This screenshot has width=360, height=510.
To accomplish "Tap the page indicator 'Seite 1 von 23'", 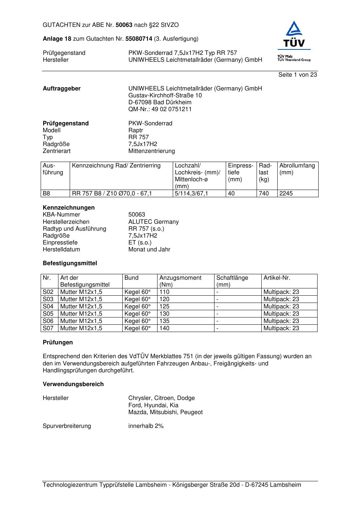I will click(x=298, y=74).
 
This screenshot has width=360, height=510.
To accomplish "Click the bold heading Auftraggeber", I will click(x=62, y=89).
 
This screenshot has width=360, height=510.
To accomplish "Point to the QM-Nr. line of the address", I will click(x=160, y=109).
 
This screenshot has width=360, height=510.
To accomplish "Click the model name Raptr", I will click(x=136, y=130).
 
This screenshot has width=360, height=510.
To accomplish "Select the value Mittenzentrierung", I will click(x=151, y=151).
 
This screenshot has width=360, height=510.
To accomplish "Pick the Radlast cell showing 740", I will click(x=264, y=193).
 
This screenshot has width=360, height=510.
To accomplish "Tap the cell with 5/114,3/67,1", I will click(x=191, y=193).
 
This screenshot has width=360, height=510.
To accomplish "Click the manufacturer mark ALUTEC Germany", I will click(x=154, y=222).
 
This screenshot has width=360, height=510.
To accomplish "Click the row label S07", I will click(x=48, y=328).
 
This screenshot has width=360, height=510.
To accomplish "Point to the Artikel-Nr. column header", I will click(x=277, y=278).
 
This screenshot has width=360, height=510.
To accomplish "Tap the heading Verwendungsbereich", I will click(x=73, y=384).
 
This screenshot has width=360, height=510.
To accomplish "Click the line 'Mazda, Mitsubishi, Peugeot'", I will click(x=165, y=412).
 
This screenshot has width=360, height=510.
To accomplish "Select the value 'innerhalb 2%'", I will click(x=146, y=426).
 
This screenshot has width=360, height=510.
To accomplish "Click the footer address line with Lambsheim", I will click(x=172, y=485).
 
